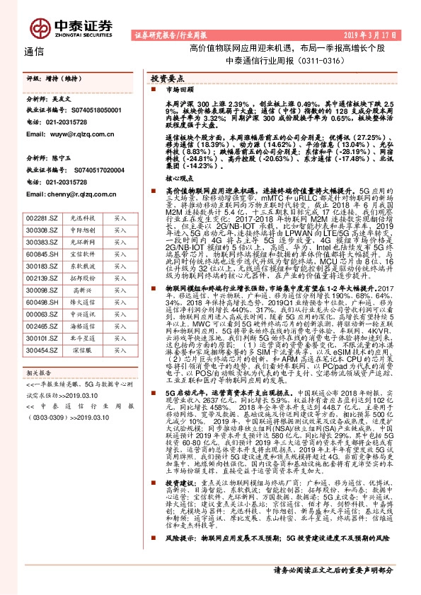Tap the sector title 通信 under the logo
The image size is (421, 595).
pyautogui.click(x=35, y=52)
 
